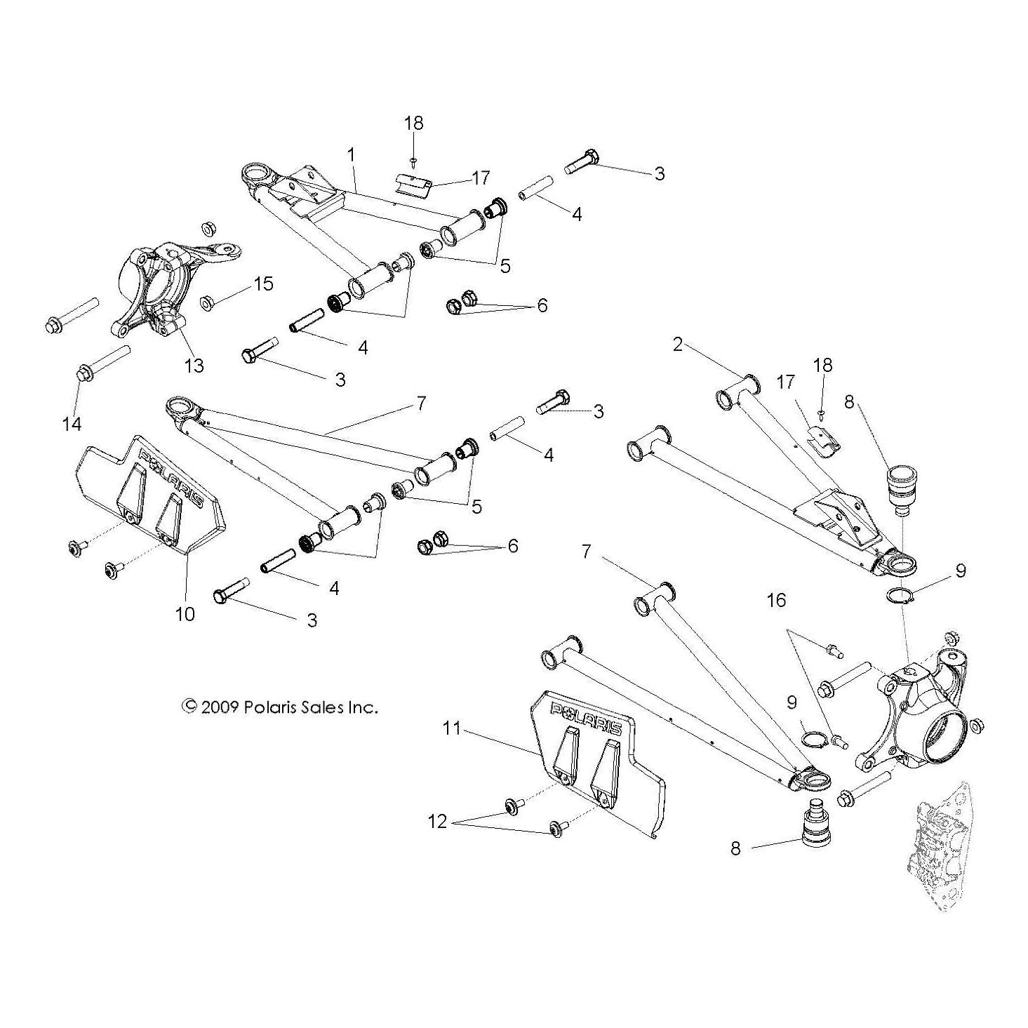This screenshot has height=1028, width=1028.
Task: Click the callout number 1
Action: (x=351, y=154)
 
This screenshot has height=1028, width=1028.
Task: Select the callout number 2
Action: (x=677, y=345)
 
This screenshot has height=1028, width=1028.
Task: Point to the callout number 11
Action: (x=453, y=728)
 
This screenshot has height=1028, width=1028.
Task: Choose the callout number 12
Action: (x=437, y=821)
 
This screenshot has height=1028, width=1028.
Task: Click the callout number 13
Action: (x=194, y=365)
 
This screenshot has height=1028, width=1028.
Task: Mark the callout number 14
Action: (x=72, y=423)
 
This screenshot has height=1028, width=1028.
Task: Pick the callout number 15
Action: (x=263, y=284)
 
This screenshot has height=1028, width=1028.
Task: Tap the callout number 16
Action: (x=776, y=600)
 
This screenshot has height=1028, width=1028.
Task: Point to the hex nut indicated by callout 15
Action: (x=207, y=303)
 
